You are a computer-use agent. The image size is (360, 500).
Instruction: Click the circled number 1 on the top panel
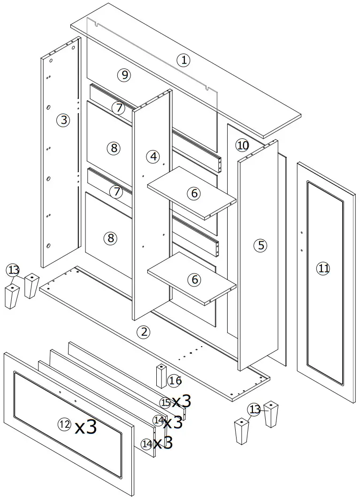pyautogui.click(x=184, y=60)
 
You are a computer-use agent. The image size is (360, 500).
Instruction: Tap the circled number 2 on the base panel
pyautogui.click(x=143, y=332)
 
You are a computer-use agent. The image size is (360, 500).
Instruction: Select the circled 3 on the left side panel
pyautogui.click(x=63, y=120)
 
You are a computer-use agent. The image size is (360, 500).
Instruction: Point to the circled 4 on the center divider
pyautogui.click(x=153, y=157)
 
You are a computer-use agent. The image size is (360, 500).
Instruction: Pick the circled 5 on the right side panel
pyautogui.click(x=261, y=245)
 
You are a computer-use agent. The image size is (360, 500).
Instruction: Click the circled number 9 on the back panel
pyautogui.click(x=123, y=75)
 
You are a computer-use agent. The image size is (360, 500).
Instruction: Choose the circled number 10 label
pyautogui.click(x=242, y=145)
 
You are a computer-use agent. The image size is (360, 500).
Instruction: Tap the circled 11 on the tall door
pyautogui.click(x=323, y=268)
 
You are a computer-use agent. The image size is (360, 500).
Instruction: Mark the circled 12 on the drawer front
pyautogui.click(x=65, y=424)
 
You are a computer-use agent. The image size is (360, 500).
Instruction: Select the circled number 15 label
pyautogui.click(x=165, y=402)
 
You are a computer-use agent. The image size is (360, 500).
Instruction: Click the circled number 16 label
pyautogui.click(x=175, y=380)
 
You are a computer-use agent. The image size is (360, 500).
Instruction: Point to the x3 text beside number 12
pyautogui.click(x=86, y=427)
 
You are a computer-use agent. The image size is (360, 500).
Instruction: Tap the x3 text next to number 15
pyautogui.click(x=181, y=401)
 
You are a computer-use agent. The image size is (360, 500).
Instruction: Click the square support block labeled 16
pyautogui.click(x=161, y=375)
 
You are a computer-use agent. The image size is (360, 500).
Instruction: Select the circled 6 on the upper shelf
pyautogui.click(x=195, y=193)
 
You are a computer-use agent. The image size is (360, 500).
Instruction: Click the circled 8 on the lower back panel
pyautogui.click(x=111, y=238)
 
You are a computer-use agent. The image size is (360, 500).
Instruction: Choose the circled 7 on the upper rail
pyautogui.click(x=119, y=108)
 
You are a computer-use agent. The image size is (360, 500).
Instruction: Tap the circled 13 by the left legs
pyautogui.click(x=13, y=270)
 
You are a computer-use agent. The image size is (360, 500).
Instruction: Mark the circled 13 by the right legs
pyautogui.click(x=254, y=410)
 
